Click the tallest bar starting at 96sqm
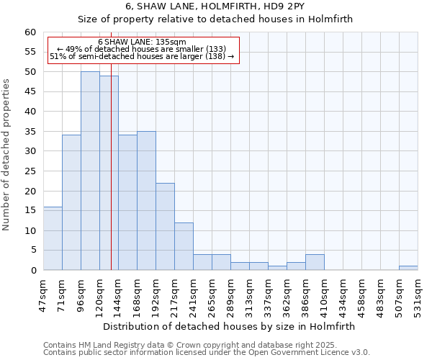click(90, 171)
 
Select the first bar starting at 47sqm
click(53, 238)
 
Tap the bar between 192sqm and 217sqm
click(165, 226)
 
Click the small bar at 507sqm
click(408, 268)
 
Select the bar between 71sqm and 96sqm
click(71, 202)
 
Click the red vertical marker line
click(111, 180)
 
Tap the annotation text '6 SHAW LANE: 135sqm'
click(142, 42)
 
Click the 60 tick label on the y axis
click(30, 32)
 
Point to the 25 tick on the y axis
click(30, 171)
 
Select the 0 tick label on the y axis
click(33, 271)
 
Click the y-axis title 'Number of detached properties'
click(7, 155)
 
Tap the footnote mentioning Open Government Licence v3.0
click(207, 352)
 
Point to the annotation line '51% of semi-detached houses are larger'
click(142, 56)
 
